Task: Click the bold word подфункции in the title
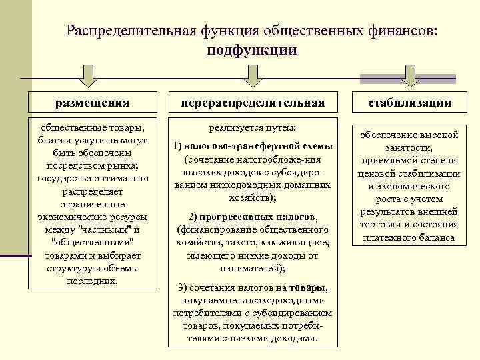(x=251, y=50)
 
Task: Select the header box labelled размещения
(x=92, y=103)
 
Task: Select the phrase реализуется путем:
(x=252, y=127)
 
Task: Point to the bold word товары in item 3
(x=307, y=287)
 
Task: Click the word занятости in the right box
(x=409, y=149)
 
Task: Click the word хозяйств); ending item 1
(x=253, y=198)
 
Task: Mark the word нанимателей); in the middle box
(x=252, y=268)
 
